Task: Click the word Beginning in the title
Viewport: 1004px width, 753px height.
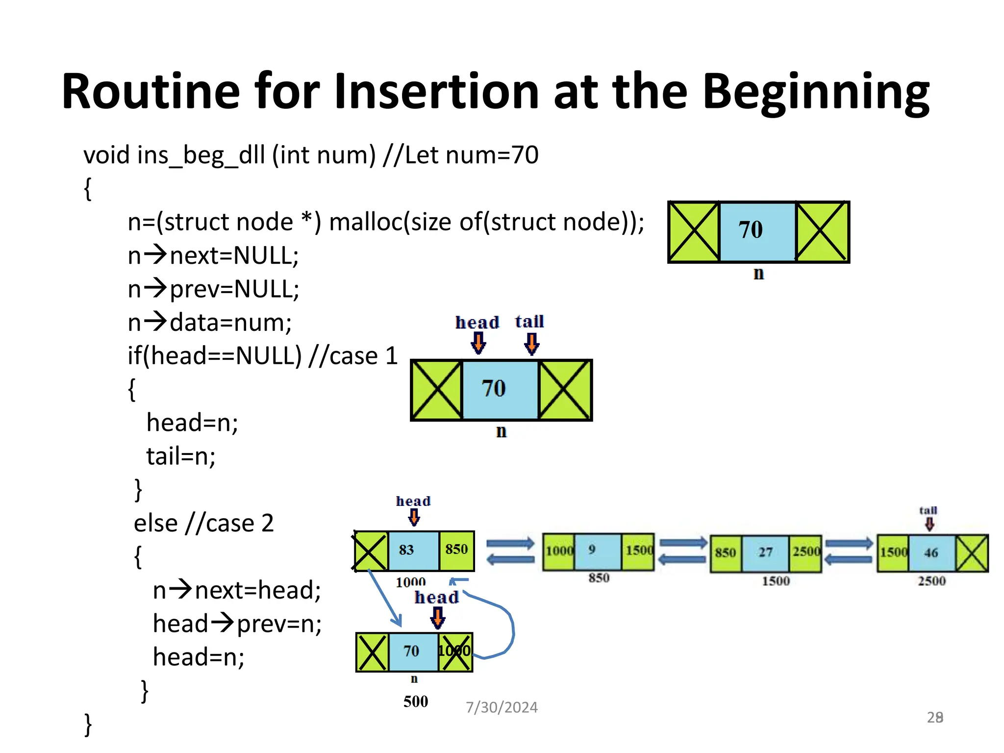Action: (x=816, y=92)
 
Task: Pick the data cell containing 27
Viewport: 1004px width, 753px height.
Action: (x=766, y=553)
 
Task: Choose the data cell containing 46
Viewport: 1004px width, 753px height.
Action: (x=931, y=553)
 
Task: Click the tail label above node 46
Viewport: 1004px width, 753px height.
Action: (x=928, y=510)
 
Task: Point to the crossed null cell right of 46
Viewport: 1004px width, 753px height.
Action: (x=972, y=553)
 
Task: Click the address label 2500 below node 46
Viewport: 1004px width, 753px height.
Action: (x=931, y=581)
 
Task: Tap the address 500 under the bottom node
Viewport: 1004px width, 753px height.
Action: (x=416, y=702)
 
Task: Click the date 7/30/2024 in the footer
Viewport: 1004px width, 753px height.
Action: (x=502, y=707)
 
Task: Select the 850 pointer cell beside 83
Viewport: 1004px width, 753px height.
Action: (x=456, y=550)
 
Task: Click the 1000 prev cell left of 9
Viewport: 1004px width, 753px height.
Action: (x=559, y=551)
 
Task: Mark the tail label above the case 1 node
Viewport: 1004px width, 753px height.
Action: (x=529, y=322)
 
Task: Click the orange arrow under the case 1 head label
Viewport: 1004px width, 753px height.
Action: (x=478, y=343)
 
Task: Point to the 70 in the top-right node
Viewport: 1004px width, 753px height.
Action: (x=751, y=230)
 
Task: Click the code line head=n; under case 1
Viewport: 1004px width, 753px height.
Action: (x=192, y=423)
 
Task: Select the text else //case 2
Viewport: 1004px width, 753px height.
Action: (x=203, y=523)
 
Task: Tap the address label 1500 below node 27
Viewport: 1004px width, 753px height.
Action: (x=776, y=581)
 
